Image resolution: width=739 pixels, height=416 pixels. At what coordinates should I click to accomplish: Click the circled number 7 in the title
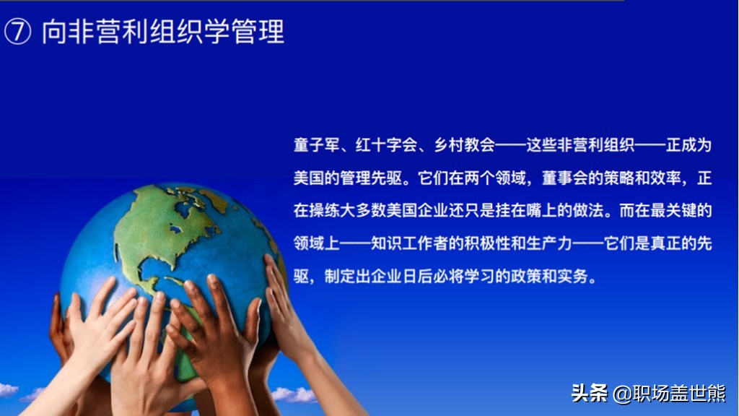click(x=17, y=32)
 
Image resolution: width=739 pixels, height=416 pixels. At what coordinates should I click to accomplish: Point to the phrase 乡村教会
click(x=464, y=144)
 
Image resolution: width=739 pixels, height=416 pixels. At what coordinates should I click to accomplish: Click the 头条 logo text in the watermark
click(x=589, y=392)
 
